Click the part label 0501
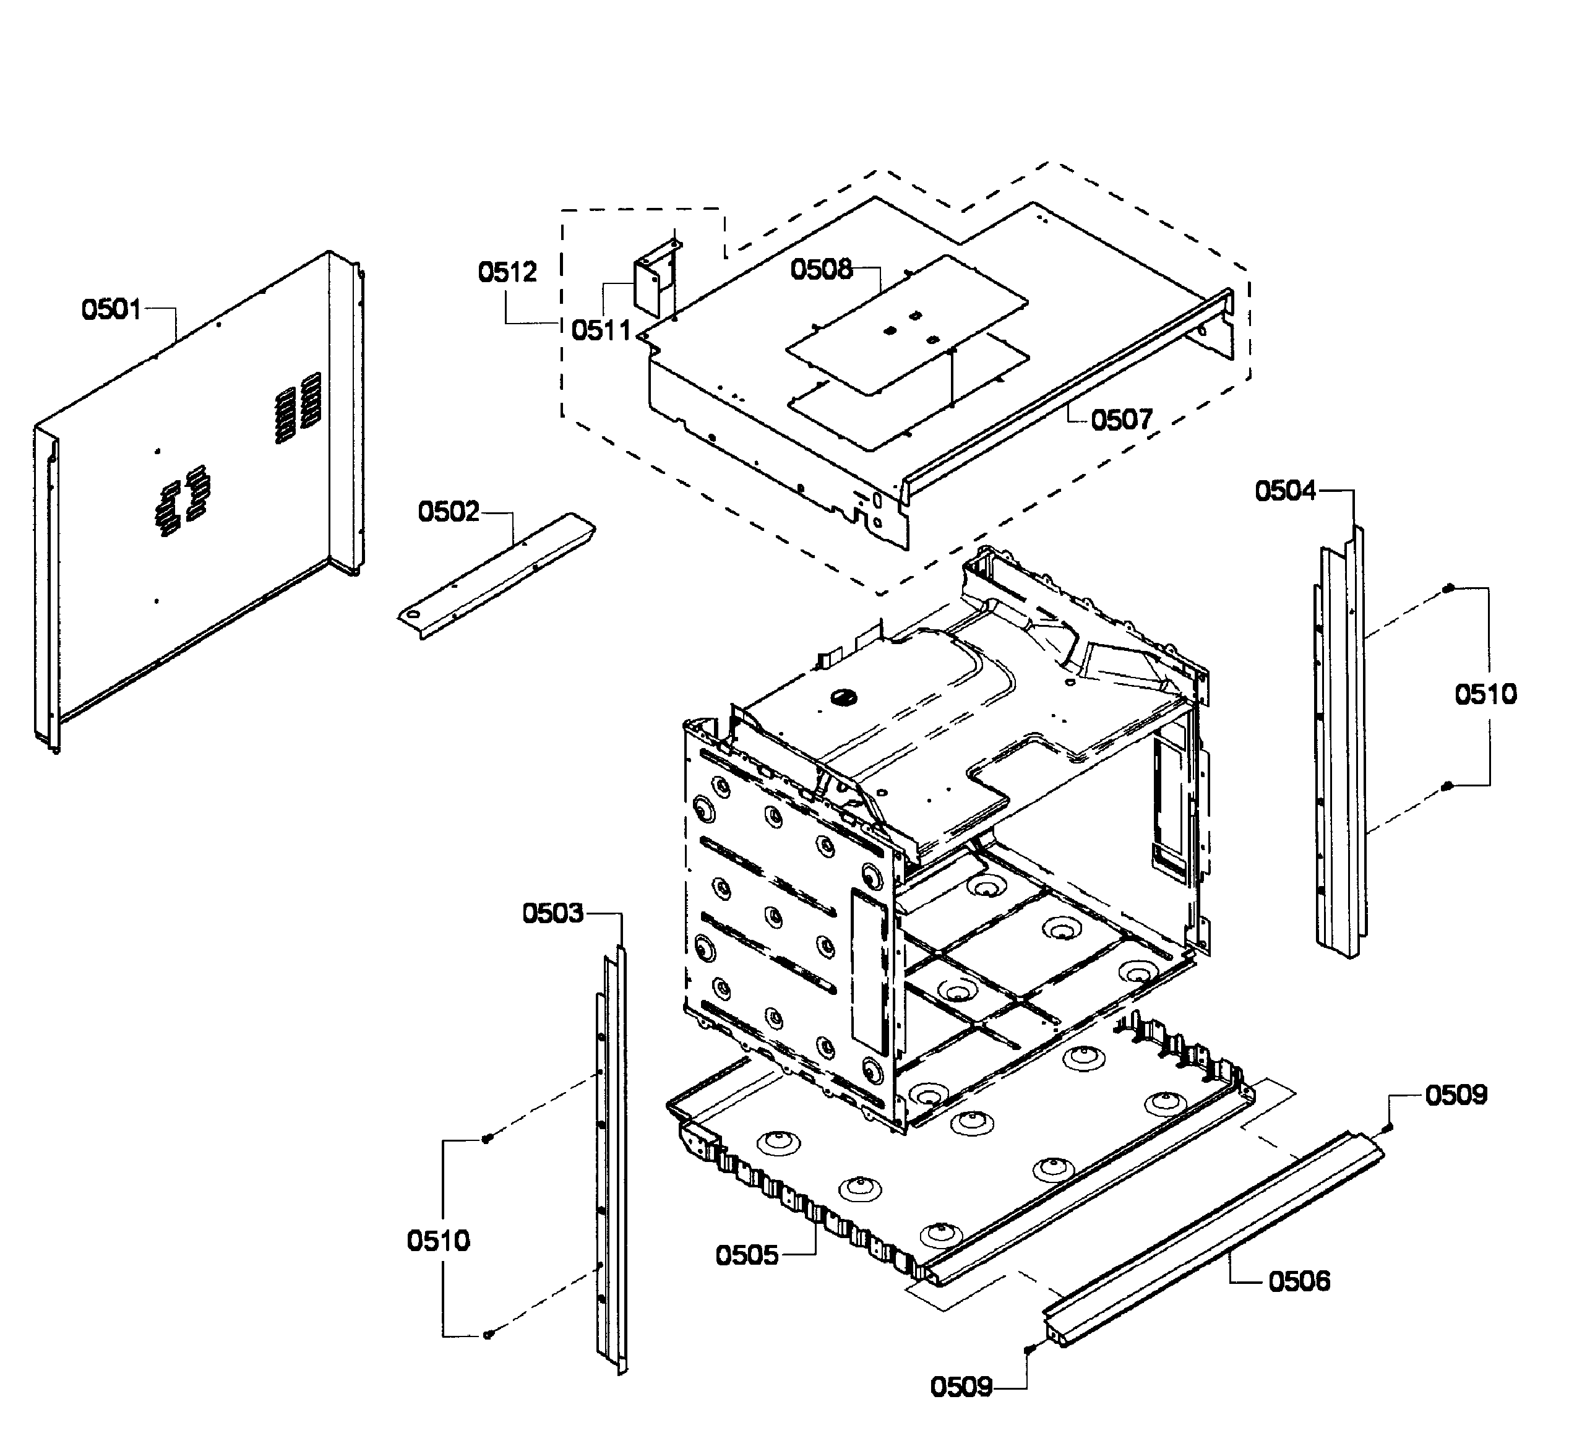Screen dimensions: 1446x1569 pyautogui.click(x=111, y=310)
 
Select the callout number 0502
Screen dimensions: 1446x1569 pyautogui.click(x=447, y=512)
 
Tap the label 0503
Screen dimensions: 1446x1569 pyautogui.click(x=552, y=913)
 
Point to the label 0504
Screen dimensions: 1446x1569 pyautogui.click(x=1285, y=491)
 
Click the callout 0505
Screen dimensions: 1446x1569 pyautogui.click(x=747, y=1256)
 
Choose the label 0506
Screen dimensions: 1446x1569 pyautogui.click(x=1299, y=1281)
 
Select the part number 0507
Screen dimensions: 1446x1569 pyautogui.click(x=1122, y=420)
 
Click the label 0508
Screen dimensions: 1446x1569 pyautogui.click(x=821, y=269)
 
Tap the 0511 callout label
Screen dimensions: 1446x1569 pyautogui.click(x=600, y=330)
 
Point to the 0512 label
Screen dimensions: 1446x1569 pyautogui.click(x=507, y=272)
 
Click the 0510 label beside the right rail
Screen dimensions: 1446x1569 pyautogui.click(x=1485, y=694)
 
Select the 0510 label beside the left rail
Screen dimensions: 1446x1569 pyautogui.click(x=438, y=1241)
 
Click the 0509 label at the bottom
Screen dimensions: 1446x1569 pyautogui.click(x=961, y=1387)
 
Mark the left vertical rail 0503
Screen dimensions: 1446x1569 pyautogui.click(x=613, y=1158)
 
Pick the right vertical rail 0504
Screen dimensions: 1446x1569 pyautogui.click(x=1341, y=743)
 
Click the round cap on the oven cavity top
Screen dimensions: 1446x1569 pyautogui.click(x=843, y=697)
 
